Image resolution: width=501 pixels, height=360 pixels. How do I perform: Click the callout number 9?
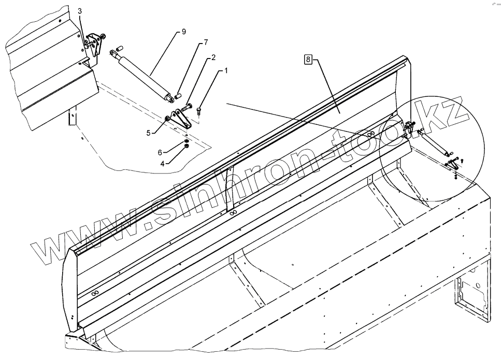click(184, 32)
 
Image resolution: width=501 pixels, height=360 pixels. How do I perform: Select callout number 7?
click(206, 42)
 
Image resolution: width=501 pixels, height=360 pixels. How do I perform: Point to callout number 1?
click(225, 70)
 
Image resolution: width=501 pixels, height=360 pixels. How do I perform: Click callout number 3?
click(80, 11)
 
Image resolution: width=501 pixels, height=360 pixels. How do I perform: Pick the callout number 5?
click(148, 133)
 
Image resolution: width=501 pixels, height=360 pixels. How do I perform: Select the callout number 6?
click(160, 152)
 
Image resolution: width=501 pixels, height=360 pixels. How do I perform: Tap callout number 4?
click(162, 163)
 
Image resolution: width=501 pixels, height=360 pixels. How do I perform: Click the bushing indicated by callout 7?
click(177, 95)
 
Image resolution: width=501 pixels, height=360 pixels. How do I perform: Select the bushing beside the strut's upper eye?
click(118, 48)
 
